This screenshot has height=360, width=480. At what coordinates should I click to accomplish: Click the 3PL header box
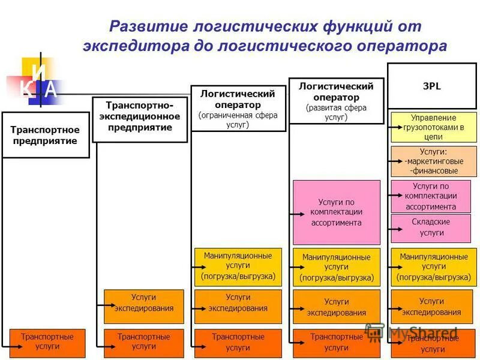[x=431, y=86]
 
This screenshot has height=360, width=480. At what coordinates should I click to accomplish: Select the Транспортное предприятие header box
[x=45, y=135]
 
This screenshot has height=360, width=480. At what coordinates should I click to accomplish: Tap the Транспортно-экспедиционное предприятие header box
[x=140, y=116]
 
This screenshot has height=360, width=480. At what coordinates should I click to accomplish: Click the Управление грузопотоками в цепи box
[x=433, y=127]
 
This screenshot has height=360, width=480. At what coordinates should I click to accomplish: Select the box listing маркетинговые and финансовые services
[x=433, y=161]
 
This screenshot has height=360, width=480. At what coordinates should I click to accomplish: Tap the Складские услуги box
[x=431, y=227]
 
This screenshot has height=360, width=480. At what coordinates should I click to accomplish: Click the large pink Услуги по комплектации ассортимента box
[x=336, y=212]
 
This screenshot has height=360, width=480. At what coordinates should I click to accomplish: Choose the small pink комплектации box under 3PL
[x=431, y=196]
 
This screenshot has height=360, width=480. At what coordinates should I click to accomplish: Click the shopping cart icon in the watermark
[x=374, y=332]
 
